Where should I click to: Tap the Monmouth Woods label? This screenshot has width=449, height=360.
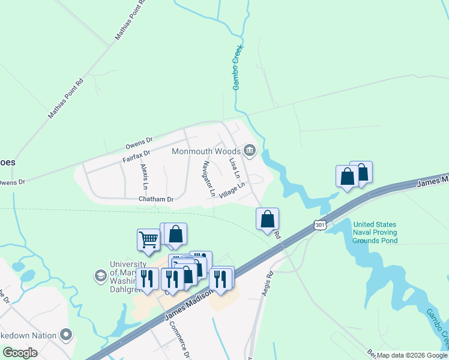pyautogui.click(x=206, y=151)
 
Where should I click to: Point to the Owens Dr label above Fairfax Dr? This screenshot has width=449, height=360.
pyautogui.click(x=139, y=144)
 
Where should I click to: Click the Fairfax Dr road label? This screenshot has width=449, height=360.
pyautogui.click(x=136, y=157)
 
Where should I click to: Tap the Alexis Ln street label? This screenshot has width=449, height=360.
pyautogui.click(x=143, y=175)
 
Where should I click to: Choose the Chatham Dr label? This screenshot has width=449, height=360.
pyautogui.click(x=155, y=199)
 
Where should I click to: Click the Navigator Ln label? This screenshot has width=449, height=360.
pyautogui.click(x=209, y=179)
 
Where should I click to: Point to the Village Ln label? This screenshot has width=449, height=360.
pyautogui.click(x=233, y=191)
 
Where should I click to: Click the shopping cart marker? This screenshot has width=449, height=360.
pyautogui.click(x=148, y=239)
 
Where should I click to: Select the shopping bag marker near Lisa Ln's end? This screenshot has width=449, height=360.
pyautogui.click(x=268, y=219)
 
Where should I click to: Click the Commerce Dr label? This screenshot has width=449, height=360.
pyautogui.click(x=178, y=338)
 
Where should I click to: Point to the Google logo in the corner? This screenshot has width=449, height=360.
pyautogui.click(x=20, y=353)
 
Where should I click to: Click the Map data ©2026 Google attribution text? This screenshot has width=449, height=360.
pyautogui.click(x=412, y=355)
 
